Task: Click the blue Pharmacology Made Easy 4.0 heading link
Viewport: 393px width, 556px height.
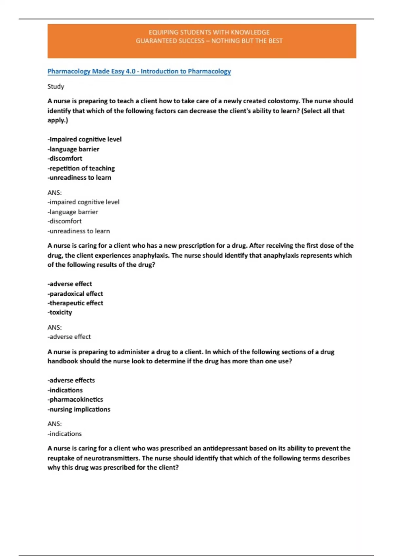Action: coord(139,71)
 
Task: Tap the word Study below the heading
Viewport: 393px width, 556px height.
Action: coord(56,86)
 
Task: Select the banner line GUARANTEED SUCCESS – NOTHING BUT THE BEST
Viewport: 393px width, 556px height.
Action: coord(209,41)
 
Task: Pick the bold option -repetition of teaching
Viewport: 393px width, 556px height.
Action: coord(81,168)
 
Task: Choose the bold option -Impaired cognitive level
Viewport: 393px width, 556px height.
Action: coord(84,139)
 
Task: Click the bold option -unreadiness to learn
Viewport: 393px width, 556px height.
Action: coord(80,178)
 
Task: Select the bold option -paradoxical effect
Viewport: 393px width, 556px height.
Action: coord(75,294)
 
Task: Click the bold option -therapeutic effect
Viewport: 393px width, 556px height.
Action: coord(75,303)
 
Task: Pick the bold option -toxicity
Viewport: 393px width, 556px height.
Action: coord(60,312)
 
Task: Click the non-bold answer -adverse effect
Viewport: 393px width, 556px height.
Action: coord(69,337)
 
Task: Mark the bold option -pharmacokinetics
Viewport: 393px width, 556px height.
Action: coord(75,399)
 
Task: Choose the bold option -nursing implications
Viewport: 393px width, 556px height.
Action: coord(79,409)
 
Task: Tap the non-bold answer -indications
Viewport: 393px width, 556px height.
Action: coord(65,434)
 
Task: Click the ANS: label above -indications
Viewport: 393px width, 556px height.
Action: coord(55,424)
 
